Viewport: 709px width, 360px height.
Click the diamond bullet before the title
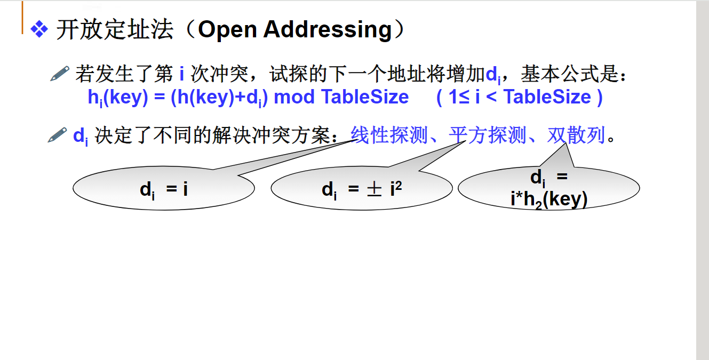coord(39,29)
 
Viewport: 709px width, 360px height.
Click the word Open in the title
coord(227,30)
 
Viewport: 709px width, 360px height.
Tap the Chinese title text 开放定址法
coord(115,30)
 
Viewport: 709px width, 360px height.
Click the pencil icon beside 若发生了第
coord(60,73)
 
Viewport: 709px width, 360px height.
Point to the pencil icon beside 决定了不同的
coord(58,135)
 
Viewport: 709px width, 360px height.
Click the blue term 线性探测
coord(389,135)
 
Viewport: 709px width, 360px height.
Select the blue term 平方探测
coord(488,135)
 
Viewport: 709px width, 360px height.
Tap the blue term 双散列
coord(576,135)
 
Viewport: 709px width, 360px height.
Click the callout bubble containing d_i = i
coord(163,189)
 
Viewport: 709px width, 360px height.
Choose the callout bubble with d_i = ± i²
coord(362,189)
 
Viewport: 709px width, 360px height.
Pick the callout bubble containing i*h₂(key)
coord(548,189)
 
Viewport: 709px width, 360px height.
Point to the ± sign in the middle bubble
coord(374,189)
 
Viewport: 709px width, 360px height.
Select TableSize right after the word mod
coord(365,97)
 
